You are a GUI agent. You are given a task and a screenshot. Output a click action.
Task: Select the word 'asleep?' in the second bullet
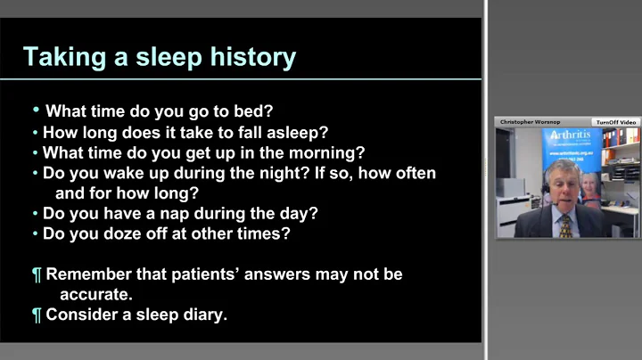tap(295, 132)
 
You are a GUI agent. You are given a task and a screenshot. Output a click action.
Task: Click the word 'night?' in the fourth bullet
tap(280, 173)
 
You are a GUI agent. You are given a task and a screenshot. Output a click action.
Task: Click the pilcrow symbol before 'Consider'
tap(37, 315)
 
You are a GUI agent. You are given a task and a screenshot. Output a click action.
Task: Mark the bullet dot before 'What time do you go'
tap(37, 110)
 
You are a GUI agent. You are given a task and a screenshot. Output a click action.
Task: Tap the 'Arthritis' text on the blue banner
tap(572, 135)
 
